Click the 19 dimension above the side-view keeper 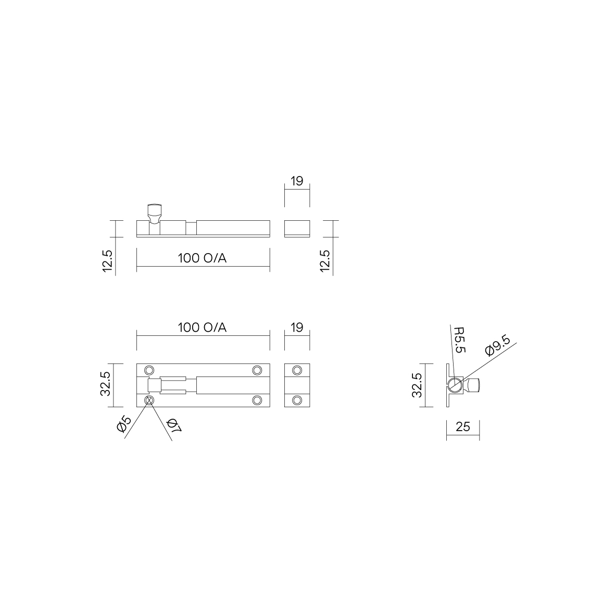pos(297,181)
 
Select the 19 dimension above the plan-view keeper pos(297,327)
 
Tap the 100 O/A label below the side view pos(203,258)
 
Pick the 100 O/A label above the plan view pos(203,327)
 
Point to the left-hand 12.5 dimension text pos(107,261)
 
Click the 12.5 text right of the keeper pos(325,261)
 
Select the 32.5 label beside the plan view pos(105,384)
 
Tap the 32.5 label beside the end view pos(417,385)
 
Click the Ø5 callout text pos(123,424)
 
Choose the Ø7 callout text pos(173,425)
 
